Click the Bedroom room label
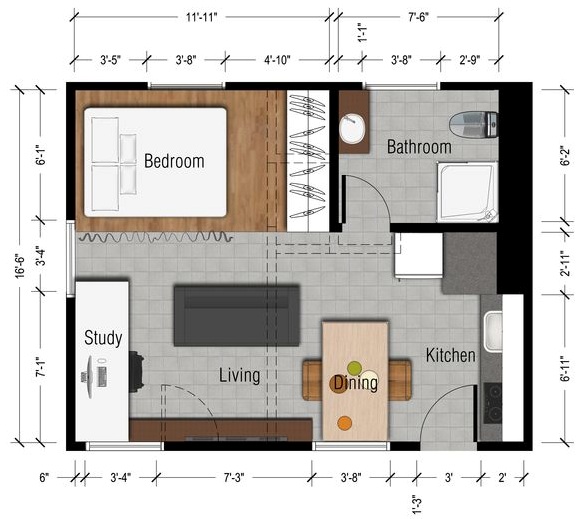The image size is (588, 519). click(174, 161)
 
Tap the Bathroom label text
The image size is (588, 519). click(419, 147)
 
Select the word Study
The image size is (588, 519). click(103, 338)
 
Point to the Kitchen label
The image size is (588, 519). click(451, 355)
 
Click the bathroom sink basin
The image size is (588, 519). click(352, 129)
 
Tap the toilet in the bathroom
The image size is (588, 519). click(474, 124)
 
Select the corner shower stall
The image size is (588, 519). click(467, 192)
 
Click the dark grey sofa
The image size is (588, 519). click(237, 316)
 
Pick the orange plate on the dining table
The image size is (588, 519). click(344, 423)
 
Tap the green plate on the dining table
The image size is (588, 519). click(354, 368)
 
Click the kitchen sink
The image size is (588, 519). click(493, 332)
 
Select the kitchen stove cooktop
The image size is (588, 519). click(492, 403)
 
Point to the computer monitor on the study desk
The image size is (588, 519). click(90, 377)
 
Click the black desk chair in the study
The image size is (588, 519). click(137, 372)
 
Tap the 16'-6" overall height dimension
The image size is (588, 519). click(20, 267)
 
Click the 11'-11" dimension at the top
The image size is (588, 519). click(202, 17)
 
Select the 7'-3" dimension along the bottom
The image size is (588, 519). click(234, 477)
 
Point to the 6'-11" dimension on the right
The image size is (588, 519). click(566, 368)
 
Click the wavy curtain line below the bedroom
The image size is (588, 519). click(154, 237)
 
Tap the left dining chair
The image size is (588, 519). click(312, 380)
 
